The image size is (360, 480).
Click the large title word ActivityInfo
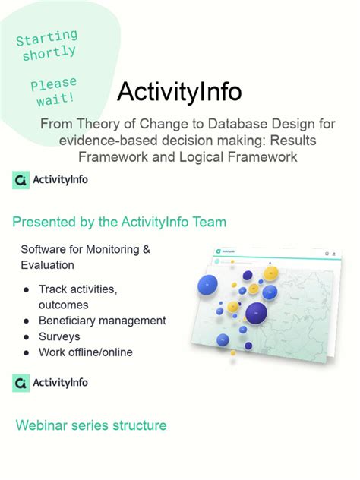pos(179,92)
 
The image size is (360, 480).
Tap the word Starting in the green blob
pos(46,37)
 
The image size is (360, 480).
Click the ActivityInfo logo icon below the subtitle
pos(21,180)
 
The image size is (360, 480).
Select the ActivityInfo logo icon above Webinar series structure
pos(21,383)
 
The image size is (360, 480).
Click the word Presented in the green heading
pos(44,222)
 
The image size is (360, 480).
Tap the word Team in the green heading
pos(208,222)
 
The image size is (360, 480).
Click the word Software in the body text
pos(44,249)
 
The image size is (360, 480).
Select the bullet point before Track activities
pos(27,289)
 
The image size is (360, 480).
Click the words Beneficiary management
pos(102,321)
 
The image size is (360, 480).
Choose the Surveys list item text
pos(59,336)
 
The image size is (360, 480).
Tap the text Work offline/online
pos(85,352)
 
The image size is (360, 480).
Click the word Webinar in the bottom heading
pos(42,425)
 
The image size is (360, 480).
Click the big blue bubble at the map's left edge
pos(207,286)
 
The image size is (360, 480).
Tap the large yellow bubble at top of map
pos(270,273)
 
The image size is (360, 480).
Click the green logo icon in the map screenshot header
pos(217,251)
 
